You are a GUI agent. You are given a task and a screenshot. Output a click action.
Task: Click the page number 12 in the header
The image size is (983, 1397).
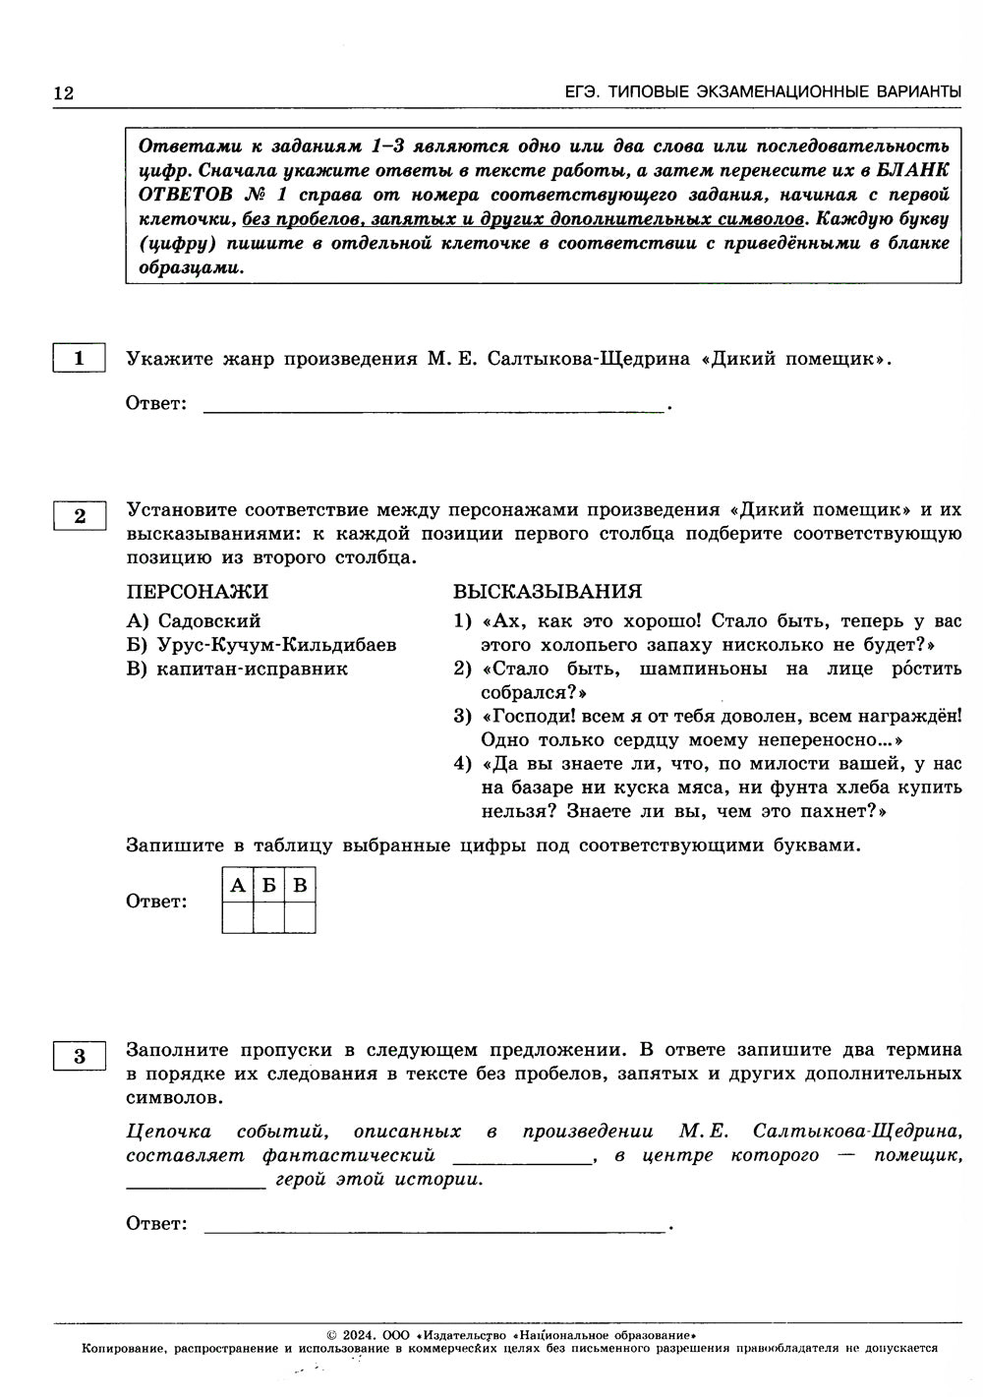[64, 93]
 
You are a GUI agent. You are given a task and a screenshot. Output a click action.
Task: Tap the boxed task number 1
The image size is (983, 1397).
[79, 359]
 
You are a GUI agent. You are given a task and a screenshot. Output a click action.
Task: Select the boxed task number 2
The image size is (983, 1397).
[80, 516]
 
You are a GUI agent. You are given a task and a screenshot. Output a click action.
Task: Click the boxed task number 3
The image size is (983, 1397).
[80, 1057]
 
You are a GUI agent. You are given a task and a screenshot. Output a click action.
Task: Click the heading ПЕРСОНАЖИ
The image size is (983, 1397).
[197, 592]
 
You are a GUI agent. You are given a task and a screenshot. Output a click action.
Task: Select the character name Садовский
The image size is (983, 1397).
[209, 621]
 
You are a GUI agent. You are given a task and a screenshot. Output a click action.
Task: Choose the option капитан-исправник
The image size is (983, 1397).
[253, 669]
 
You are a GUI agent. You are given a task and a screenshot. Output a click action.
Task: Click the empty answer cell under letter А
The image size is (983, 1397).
[238, 917]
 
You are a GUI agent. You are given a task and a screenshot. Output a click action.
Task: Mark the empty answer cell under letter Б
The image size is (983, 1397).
[268, 917]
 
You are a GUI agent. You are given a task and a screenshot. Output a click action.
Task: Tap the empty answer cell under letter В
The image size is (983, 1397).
[300, 917]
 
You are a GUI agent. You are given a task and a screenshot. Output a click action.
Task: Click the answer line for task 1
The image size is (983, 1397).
[433, 404]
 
